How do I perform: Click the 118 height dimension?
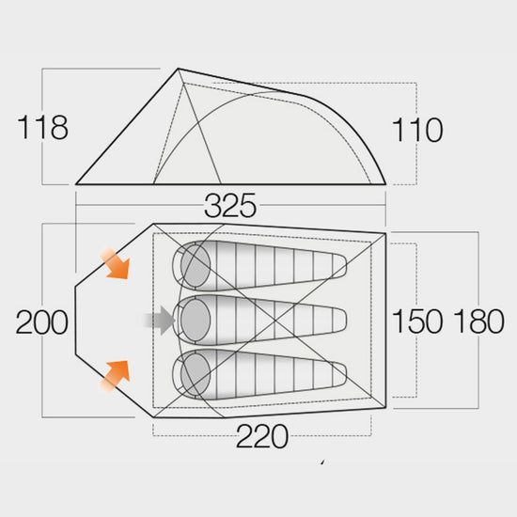click(42, 127)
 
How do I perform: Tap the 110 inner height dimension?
click(417, 130)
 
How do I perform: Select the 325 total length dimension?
click(230, 206)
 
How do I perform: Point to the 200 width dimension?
click(42, 322)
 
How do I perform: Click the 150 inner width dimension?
click(417, 321)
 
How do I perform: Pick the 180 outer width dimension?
click(478, 321)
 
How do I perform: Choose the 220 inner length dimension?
click(262, 436)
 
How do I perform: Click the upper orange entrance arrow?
click(115, 263)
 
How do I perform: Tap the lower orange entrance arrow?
click(115, 377)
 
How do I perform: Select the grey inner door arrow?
click(160, 321)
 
